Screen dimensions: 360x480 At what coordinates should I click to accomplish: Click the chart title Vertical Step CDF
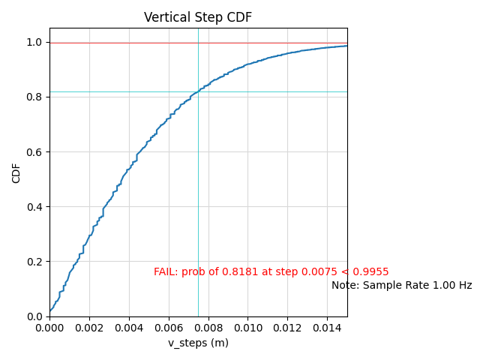(198, 17)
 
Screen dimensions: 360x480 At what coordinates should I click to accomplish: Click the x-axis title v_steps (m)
(198, 343)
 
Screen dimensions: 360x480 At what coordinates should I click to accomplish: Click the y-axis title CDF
(16, 173)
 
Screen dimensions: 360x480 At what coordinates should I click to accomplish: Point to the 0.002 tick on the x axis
(89, 327)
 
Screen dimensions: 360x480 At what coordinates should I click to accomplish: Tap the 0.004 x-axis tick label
(129, 327)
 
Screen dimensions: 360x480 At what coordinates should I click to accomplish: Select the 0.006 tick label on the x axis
(169, 327)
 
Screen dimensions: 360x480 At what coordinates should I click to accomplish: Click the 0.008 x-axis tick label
(208, 327)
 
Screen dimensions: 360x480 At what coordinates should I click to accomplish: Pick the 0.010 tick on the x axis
(247, 327)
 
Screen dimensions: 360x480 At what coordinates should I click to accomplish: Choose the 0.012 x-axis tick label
(287, 327)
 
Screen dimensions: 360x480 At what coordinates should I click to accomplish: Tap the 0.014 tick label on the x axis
(327, 327)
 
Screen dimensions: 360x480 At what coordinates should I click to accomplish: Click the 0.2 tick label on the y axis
(35, 262)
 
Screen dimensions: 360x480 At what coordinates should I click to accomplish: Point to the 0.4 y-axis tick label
(35, 207)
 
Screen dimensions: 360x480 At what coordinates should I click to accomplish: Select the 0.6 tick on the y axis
(35, 152)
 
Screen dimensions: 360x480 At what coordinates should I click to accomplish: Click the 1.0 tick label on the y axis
(35, 43)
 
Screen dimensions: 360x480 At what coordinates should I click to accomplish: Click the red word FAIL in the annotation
(165, 272)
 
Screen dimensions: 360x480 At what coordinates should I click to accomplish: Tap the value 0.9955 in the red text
(373, 272)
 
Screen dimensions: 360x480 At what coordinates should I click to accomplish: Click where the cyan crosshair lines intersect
(198, 91)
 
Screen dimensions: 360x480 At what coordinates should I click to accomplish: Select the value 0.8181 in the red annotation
(236, 272)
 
